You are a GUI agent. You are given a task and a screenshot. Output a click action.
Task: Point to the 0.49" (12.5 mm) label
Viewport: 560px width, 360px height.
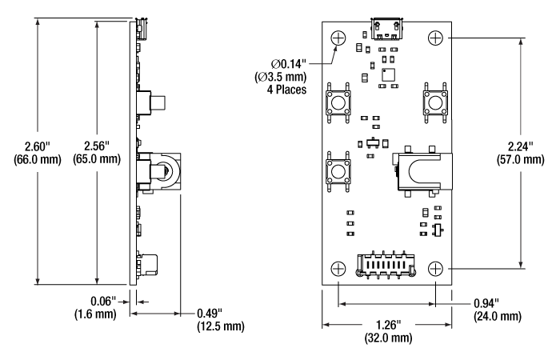(x=219, y=318)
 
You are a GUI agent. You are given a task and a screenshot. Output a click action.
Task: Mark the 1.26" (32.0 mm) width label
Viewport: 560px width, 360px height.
(x=387, y=331)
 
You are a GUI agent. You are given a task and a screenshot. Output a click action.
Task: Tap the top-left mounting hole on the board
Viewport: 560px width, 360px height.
(x=338, y=38)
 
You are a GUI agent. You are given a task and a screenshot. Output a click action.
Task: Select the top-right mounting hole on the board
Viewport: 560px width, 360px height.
(x=436, y=38)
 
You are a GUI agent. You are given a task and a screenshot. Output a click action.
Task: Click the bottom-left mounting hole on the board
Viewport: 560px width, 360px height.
(x=338, y=268)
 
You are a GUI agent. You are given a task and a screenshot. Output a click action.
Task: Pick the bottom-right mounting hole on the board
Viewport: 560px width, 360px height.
(x=436, y=268)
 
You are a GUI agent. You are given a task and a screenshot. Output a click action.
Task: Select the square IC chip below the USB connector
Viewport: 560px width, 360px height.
(x=389, y=74)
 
